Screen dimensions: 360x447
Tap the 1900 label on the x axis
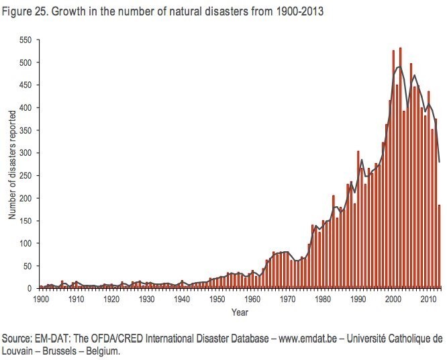[x=40, y=299]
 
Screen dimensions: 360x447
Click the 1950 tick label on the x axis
[x=216, y=299]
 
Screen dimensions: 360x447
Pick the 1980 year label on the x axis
[x=322, y=299]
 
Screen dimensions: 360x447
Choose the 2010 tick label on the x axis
[x=428, y=299]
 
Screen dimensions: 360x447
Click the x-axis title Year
[x=240, y=312]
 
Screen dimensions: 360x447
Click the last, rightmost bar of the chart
[x=439, y=246]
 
